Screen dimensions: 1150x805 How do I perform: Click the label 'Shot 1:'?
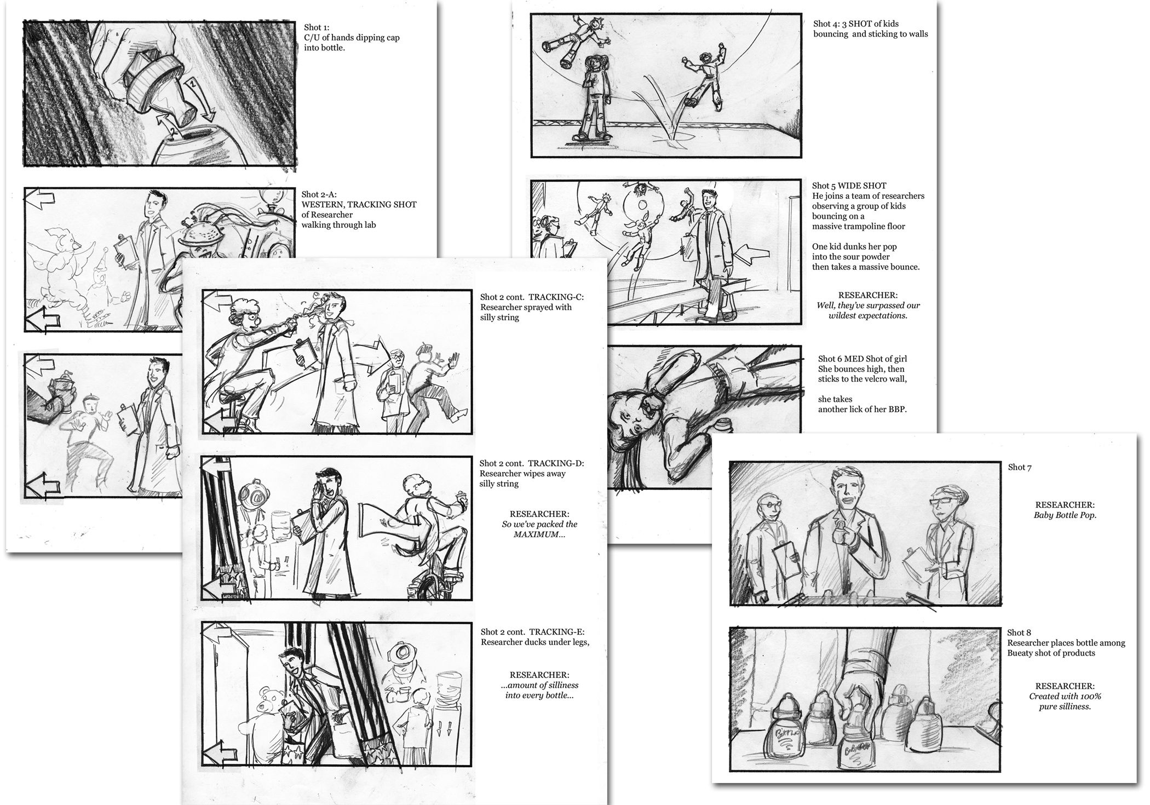(316, 27)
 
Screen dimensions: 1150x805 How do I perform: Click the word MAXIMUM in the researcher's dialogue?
(539, 534)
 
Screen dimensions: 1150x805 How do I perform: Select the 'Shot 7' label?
(1020, 467)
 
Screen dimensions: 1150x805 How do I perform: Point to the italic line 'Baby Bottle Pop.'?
(1065, 515)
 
